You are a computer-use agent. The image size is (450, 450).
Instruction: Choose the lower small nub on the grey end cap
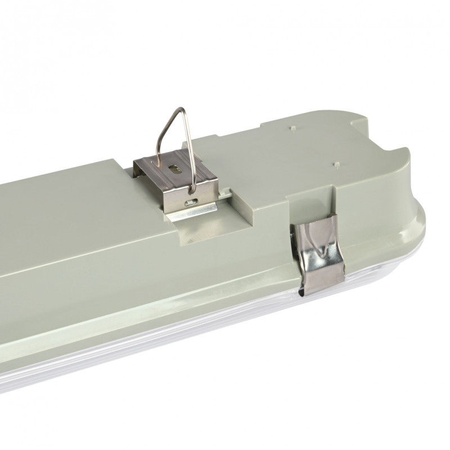tap(336, 164)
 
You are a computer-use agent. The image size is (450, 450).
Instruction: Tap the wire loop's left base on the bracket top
tap(161, 160)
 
